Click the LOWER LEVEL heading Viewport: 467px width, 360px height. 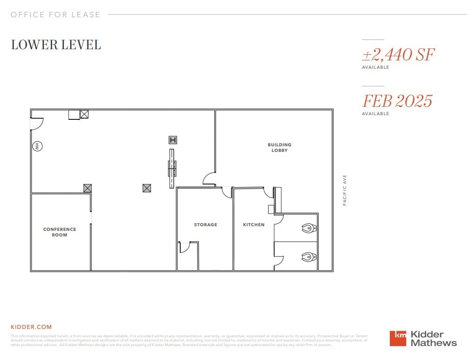pyautogui.click(x=56, y=45)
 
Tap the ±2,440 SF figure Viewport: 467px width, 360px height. pyautogui.click(x=398, y=55)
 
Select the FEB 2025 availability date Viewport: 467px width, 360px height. pyautogui.click(x=397, y=101)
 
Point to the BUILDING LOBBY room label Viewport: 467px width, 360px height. pyautogui.click(x=279, y=148)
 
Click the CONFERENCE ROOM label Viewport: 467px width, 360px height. pyautogui.click(x=59, y=232)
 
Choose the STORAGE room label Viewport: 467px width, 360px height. pyautogui.click(x=205, y=225)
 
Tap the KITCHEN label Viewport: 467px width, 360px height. pyautogui.click(x=254, y=225)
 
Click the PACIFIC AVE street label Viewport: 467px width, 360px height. pyautogui.click(x=345, y=190)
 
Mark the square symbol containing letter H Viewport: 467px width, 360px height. pyautogui.click(x=173, y=140)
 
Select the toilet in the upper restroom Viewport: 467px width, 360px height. pyautogui.click(x=309, y=228)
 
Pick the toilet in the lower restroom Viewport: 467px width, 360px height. pyautogui.click(x=309, y=256)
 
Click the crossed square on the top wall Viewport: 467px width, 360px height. pyautogui.click(x=84, y=114)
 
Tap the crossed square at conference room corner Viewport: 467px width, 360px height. pyautogui.click(x=87, y=188)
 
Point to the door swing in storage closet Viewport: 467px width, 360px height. pyautogui.click(x=184, y=247)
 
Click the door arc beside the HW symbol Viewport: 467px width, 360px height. pyautogui.click(x=37, y=123)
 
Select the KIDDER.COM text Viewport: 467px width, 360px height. pyautogui.click(x=31, y=327)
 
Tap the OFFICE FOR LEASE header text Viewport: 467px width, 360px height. pyautogui.click(x=56, y=14)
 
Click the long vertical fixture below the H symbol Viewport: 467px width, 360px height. pyautogui.click(x=172, y=168)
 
